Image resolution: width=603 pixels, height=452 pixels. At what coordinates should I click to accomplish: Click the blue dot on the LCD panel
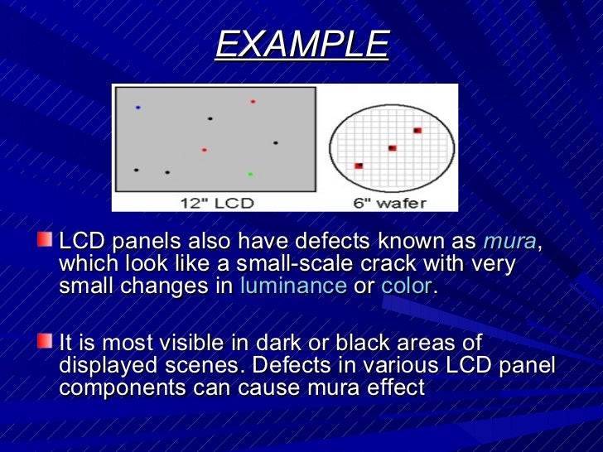[x=138, y=108]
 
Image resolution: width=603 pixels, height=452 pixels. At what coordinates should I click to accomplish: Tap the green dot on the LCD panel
[x=250, y=174]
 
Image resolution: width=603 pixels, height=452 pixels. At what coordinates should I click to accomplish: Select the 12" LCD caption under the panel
[x=217, y=202]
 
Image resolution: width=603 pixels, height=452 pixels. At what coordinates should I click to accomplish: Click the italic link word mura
[x=509, y=243]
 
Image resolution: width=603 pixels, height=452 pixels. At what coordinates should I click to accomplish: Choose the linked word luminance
[x=292, y=286]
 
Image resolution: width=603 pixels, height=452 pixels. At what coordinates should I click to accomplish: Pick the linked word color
[x=406, y=286]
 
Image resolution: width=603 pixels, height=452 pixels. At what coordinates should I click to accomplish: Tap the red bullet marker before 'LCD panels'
[x=45, y=240]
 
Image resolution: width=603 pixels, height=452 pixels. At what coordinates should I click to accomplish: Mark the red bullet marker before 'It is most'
[x=45, y=340]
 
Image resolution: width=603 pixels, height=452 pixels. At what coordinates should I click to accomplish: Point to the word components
[x=117, y=387]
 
